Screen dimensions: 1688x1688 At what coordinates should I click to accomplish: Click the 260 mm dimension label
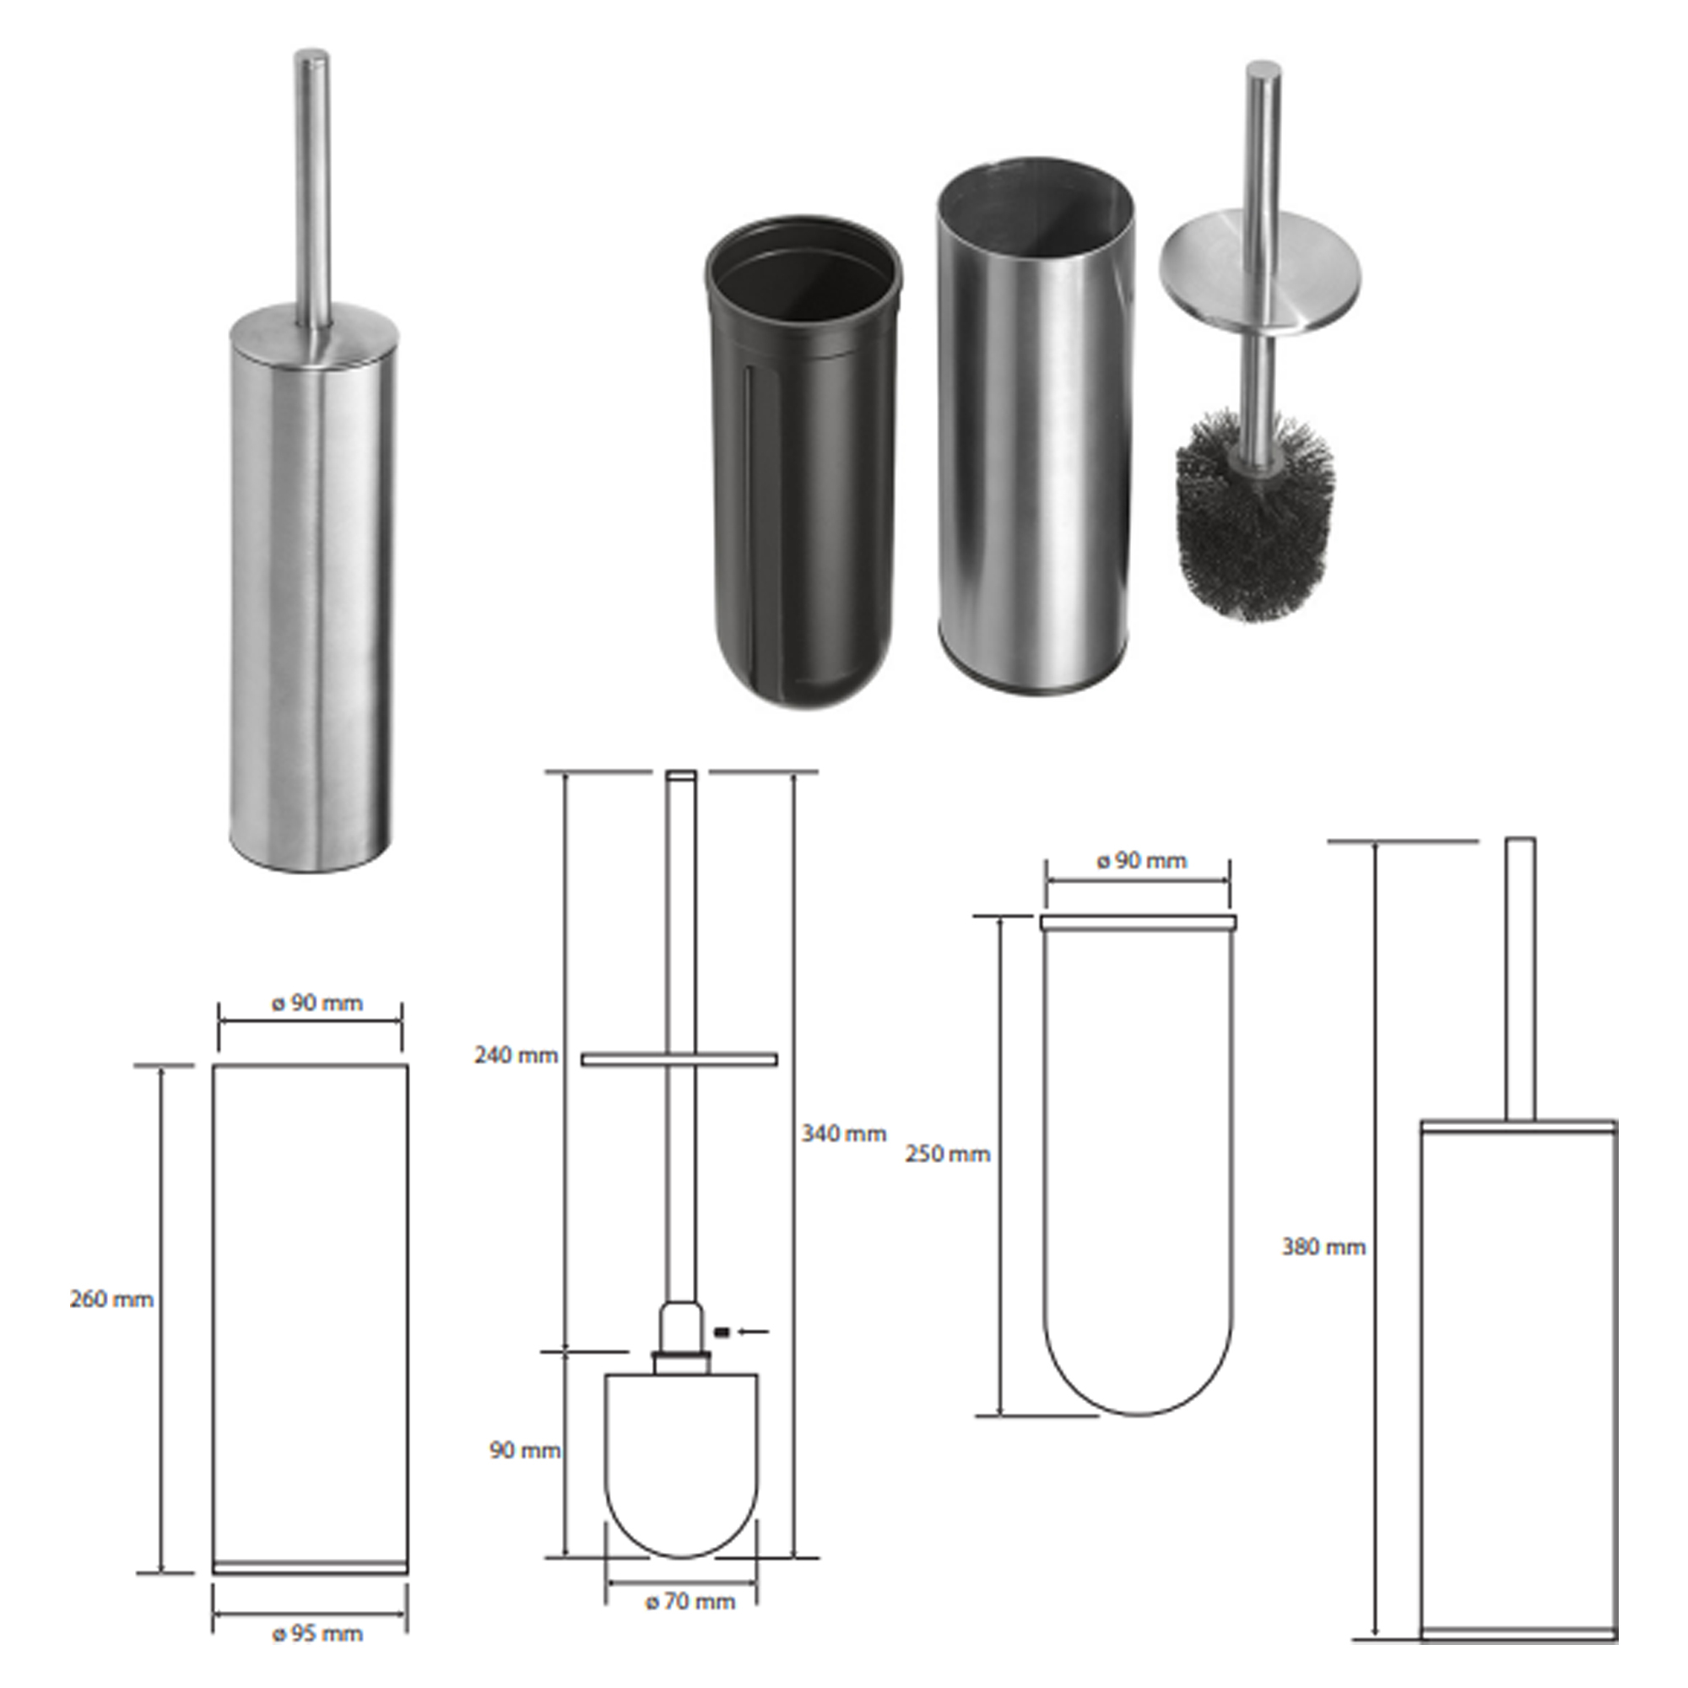click(112, 1299)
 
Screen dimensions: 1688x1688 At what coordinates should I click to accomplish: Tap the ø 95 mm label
click(317, 1634)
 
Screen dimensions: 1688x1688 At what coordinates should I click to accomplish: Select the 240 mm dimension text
click(517, 1056)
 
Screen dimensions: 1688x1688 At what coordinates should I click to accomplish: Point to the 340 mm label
click(844, 1134)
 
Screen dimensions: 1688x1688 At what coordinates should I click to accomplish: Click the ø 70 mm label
click(690, 1602)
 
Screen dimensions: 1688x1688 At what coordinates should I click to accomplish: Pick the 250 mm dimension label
click(948, 1154)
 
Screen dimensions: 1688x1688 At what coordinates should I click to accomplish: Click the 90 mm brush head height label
click(525, 1451)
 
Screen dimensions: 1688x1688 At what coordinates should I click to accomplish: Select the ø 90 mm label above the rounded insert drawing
click(1141, 861)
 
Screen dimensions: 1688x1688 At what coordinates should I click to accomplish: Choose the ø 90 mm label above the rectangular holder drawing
click(316, 1003)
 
